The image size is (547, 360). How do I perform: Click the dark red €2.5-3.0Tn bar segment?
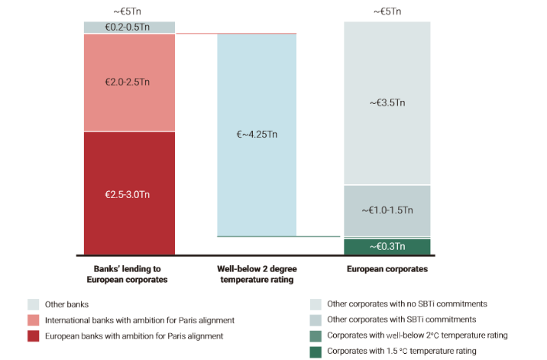[129, 193]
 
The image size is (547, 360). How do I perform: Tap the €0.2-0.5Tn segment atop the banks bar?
[129, 27]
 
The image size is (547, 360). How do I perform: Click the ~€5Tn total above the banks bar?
[128, 11]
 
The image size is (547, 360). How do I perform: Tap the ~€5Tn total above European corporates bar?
[387, 11]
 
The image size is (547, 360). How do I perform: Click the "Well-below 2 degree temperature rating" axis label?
[257, 274]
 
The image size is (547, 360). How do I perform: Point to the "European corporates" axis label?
[387, 269]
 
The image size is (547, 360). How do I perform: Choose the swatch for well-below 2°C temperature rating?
[316, 336]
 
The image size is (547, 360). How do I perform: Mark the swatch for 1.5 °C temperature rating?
[316, 352]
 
